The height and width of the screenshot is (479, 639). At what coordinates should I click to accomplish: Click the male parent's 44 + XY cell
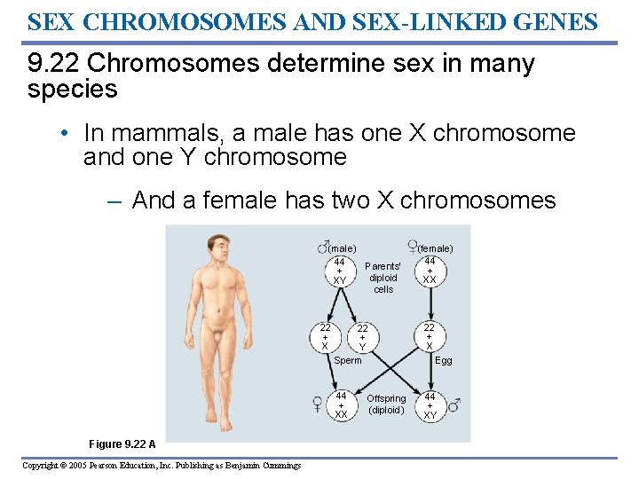click(x=339, y=270)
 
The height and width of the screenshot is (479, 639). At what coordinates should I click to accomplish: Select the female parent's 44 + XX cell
click(x=430, y=270)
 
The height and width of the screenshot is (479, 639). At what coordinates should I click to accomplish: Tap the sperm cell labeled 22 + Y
click(x=362, y=336)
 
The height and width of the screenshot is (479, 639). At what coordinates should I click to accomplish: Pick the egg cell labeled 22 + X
click(x=430, y=336)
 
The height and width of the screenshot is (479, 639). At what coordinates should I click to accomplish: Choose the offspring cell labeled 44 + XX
click(x=341, y=404)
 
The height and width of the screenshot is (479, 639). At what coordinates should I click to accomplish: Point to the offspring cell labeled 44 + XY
click(x=430, y=404)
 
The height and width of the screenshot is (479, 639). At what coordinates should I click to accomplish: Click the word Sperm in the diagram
click(x=348, y=360)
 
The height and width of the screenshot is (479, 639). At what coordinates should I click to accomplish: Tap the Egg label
click(x=444, y=360)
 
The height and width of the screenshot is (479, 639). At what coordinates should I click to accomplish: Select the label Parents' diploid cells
click(x=383, y=278)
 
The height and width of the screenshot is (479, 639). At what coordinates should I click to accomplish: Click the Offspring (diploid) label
click(x=386, y=404)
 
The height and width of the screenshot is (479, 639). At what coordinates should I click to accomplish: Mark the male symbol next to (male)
click(x=323, y=246)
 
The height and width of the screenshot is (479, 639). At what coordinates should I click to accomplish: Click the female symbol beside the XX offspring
click(x=318, y=404)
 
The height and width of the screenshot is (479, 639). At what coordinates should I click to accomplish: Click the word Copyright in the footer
click(x=43, y=466)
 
